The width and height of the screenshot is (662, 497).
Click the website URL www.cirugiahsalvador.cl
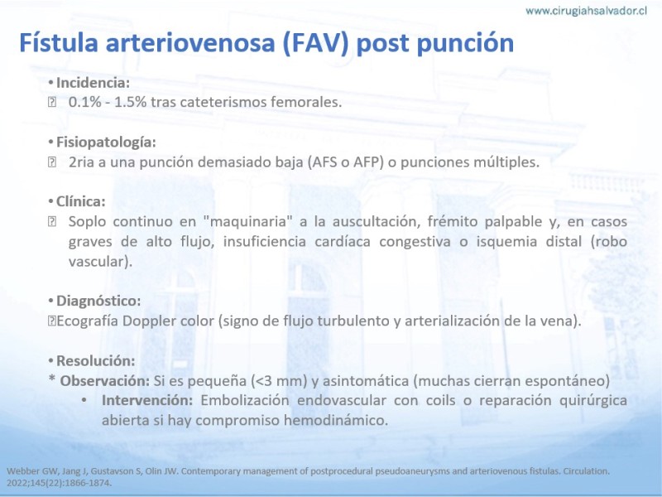[586, 11]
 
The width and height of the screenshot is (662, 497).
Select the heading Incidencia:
[93, 82]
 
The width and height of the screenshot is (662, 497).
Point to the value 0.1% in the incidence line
[84, 102]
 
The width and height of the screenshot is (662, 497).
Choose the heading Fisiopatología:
[106, 142]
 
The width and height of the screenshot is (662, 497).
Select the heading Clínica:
[80, 201]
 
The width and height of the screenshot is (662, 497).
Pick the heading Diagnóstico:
[98, 301]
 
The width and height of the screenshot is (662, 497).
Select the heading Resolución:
[95, 361]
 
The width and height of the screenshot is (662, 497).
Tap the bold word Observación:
[105, 381]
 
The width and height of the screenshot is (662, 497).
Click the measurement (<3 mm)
[279, 381]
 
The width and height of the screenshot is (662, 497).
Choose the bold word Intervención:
[147, 400]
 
